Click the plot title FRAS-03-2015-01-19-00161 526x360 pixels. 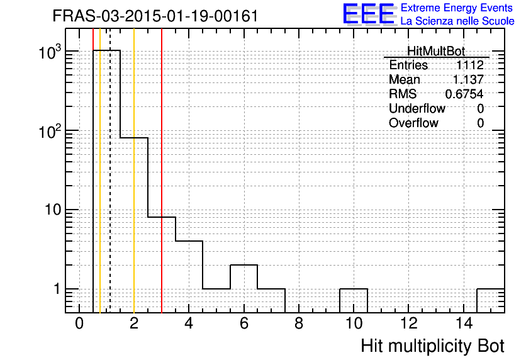[155, 16]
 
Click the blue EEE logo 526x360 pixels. [369, 14]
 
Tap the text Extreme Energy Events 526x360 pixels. [457, 8]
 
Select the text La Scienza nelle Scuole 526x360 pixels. [457, 21]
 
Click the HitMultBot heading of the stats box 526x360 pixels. [436, 52]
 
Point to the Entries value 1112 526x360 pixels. [469, 65]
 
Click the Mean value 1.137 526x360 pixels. [468, 79]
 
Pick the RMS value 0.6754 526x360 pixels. [464, 94]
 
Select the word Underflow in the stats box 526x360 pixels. [417, 108]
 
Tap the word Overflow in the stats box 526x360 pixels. [413, 123]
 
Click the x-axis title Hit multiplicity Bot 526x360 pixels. [432, 346]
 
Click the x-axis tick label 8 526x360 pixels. [299, 323]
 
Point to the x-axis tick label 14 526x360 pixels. [464, 323]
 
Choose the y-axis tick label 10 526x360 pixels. [53, 210]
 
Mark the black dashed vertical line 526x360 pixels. [110, 171]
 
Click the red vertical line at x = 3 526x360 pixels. [162, 171]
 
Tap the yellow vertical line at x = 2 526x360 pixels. [134, 171]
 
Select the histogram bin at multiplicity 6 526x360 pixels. [244, 288]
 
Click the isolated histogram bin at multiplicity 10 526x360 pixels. [354, 301]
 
